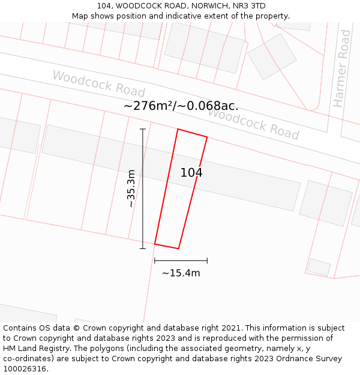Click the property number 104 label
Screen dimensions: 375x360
coord(191,173)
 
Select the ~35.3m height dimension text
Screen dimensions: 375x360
coord(131,188)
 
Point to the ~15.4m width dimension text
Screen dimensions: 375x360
coord(181,273)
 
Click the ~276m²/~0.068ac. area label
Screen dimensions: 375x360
coord(181,106)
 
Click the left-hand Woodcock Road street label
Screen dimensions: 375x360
coord(98,84)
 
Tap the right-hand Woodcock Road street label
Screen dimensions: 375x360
coord(253,124)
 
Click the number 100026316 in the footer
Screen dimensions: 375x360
coord(25,369)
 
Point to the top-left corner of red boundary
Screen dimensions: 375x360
coord(178,129)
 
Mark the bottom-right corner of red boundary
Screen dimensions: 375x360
coord(178,248)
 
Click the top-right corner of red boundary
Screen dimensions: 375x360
coord(207,137)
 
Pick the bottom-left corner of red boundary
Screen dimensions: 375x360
coord(155,244)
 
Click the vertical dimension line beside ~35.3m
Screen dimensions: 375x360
coord(143,188)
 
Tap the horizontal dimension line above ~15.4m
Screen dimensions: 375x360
coord(181,261)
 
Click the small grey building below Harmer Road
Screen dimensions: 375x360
coord(319,267)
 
